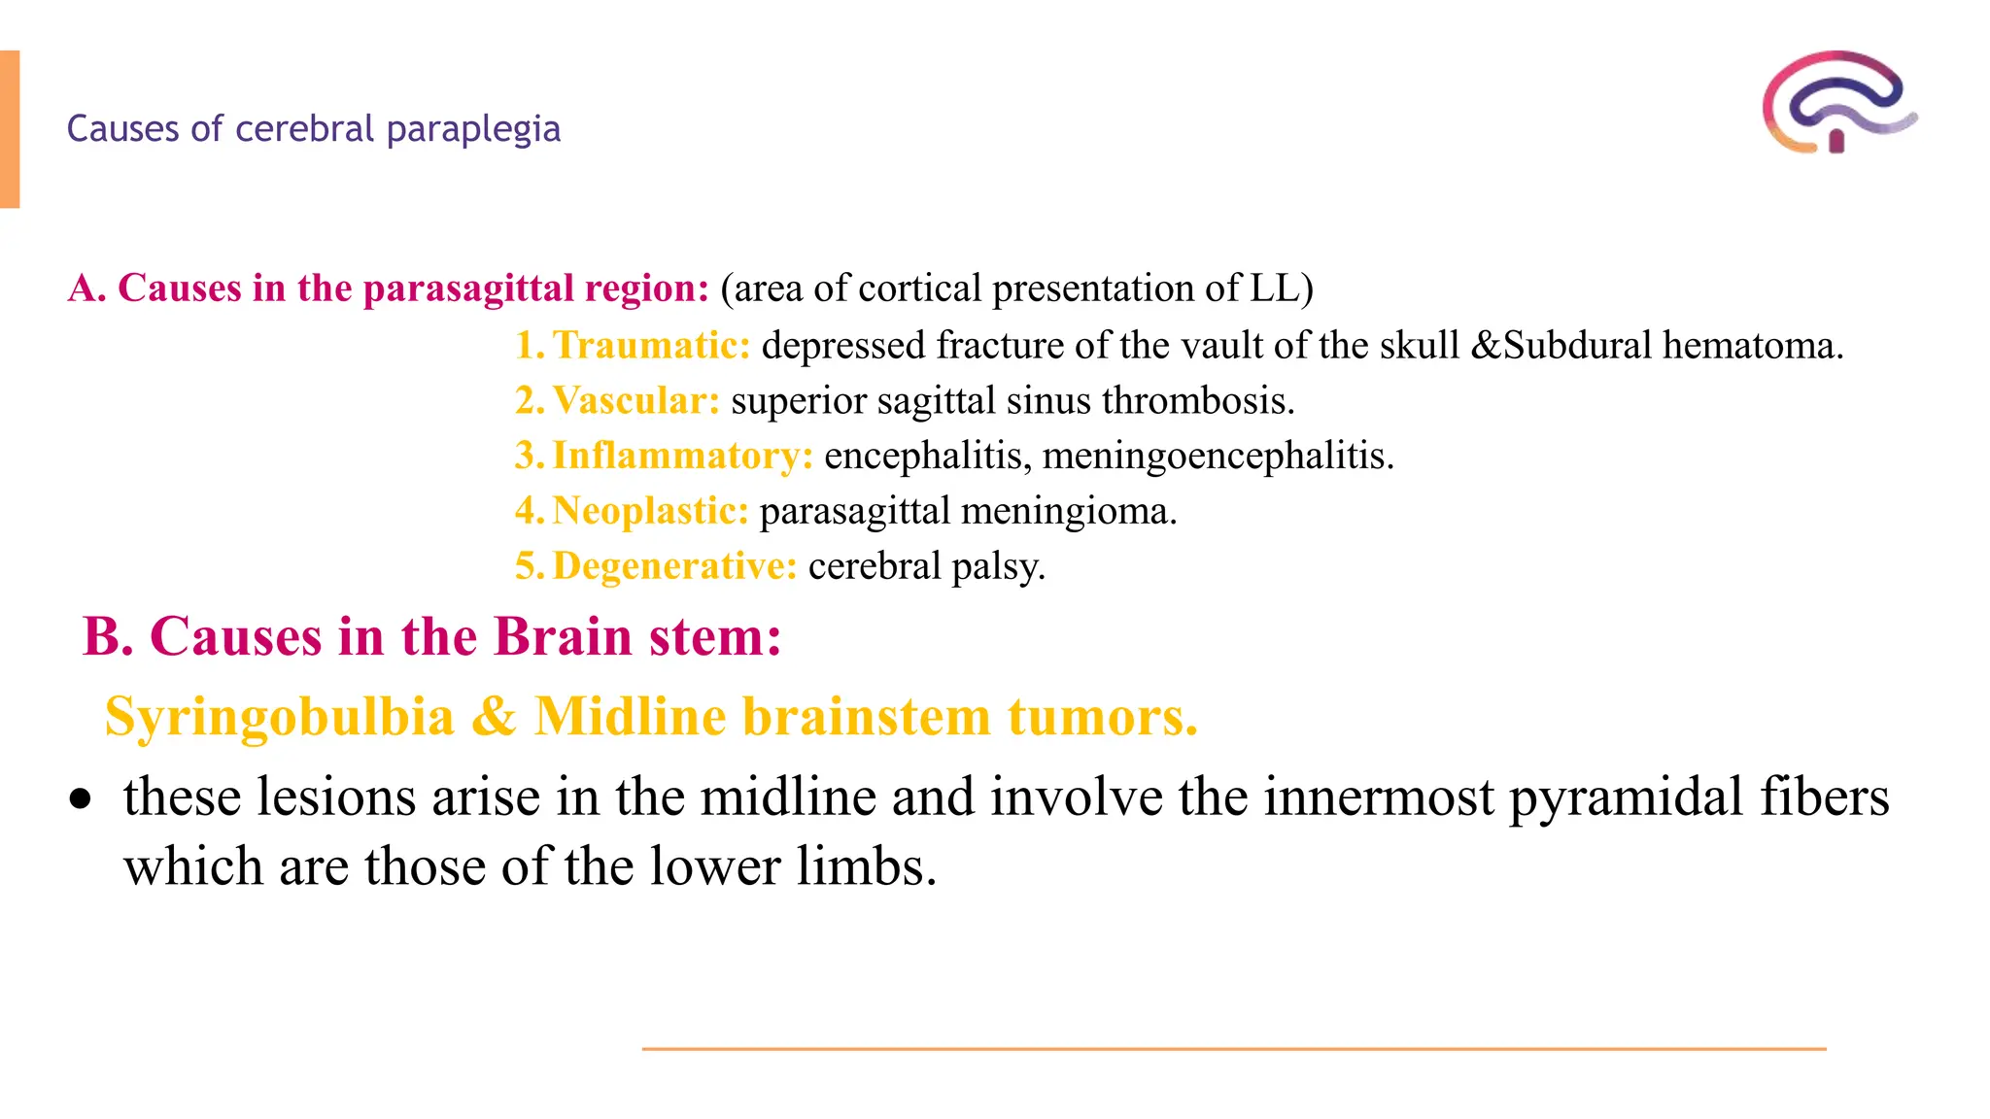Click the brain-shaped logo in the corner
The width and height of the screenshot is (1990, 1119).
point(1839,103)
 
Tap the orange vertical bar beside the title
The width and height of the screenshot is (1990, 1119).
point(10,129)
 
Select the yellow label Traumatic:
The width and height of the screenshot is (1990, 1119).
point(651,346)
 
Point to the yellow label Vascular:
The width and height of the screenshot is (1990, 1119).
point(635,401)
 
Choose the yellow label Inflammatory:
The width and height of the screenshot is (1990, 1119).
point(682,456)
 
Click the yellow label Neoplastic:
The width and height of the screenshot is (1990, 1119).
point(650,511)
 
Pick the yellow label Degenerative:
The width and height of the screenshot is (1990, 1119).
point(674,566)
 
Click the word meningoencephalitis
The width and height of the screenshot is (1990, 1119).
point(1218,456)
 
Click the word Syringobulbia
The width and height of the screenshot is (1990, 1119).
point(280,718)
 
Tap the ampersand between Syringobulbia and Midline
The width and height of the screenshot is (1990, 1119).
point(494,718)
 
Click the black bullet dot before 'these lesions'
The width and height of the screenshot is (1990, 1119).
point(81,799)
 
